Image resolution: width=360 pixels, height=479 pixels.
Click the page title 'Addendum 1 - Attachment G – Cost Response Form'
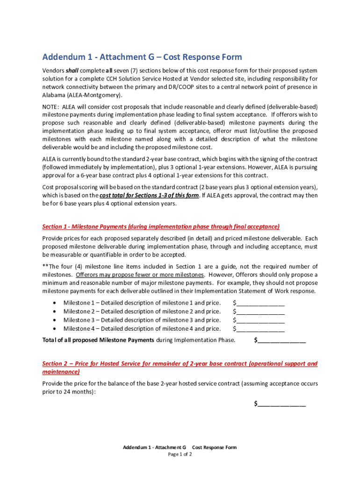142,57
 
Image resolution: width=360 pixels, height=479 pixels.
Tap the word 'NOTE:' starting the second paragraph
51,106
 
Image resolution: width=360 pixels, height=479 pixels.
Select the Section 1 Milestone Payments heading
161,227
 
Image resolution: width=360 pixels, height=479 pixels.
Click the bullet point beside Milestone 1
55,303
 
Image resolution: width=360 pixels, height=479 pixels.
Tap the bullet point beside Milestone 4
55,329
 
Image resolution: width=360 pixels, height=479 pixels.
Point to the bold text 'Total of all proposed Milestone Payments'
98,340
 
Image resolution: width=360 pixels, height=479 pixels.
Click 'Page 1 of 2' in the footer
180,454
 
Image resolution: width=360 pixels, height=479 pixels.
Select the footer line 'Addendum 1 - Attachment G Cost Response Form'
180,448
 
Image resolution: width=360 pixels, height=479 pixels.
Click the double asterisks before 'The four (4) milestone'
45,266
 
